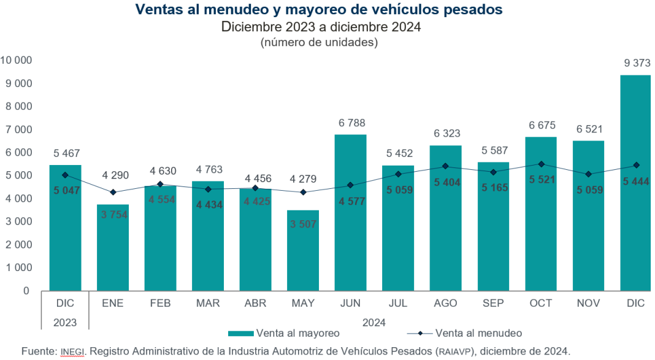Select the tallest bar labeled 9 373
pos(635,184)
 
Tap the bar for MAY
pos(303,251)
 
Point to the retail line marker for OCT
pos(541,164)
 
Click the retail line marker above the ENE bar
pos(113,193)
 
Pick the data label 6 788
pos(351,123)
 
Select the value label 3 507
pos(303,224)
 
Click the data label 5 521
pos(541,182)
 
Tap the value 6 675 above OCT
pos(541,126)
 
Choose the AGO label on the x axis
pos(446,304)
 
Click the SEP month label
pos(493,304)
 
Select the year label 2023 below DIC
pos(64,321)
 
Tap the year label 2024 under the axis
pos(375,321)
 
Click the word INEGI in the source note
pos(73,351)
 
